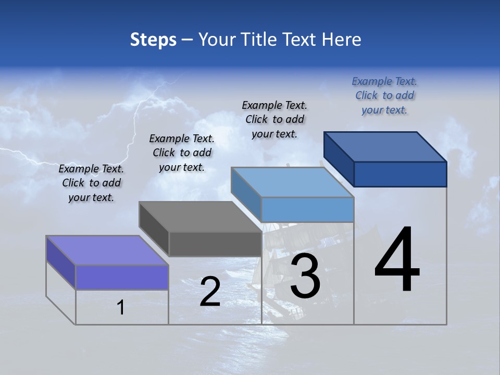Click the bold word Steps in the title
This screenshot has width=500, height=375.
(x=153, y=40)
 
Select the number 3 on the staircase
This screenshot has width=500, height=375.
(x=305, y=276)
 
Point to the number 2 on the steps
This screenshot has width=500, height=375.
(x=210, y=292)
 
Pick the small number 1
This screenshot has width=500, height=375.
(x=121, y=307)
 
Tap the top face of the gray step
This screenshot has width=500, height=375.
(x=201, y=216)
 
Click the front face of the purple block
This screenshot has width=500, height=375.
(x=122, y=277)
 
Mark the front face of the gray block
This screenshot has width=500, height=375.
(x=215, y=244)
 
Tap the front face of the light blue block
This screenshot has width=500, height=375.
(x=307, y=209)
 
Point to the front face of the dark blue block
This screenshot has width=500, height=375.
(x=400, y=174)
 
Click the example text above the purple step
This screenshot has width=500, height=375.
(x=91, y=183)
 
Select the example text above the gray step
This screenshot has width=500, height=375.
(x=182, y=153)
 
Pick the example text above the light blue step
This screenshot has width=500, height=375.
(x=274, y=119)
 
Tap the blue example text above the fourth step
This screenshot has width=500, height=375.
(x=384, y=96)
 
